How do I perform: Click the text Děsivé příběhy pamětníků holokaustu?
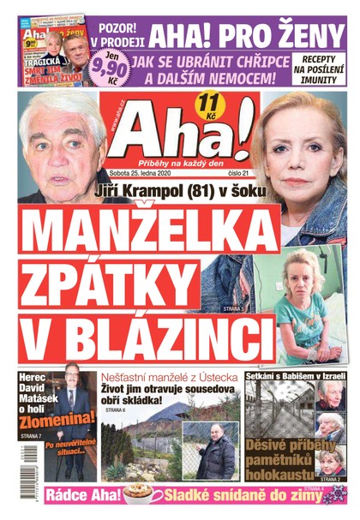279,455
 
